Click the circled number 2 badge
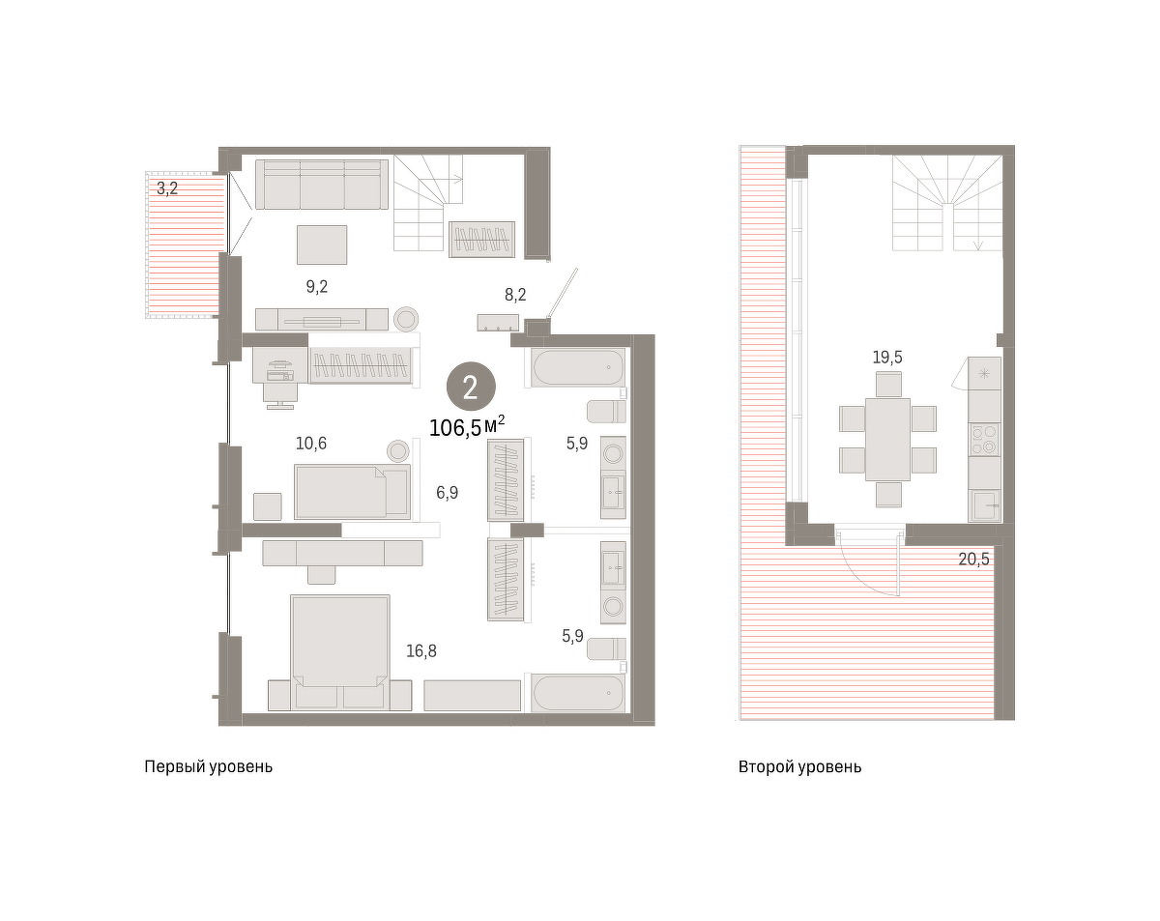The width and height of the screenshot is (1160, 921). coord(471,387)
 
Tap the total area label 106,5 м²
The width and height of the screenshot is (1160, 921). coord(467,426)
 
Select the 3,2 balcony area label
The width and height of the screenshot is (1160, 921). coord(167,188)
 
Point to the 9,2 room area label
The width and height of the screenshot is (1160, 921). coord(317,287)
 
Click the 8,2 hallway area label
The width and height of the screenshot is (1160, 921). coord(515,295)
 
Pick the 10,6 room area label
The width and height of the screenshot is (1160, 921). coord(311,444)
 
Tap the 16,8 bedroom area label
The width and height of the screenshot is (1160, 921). coord(421,651)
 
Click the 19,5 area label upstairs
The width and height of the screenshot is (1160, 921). coord(887,358)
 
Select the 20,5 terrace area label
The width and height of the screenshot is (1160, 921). coord(973,560)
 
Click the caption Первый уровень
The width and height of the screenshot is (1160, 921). coord(208,766)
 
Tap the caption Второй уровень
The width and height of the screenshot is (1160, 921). coord(800,766)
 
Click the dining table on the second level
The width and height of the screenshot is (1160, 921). coord(887,439)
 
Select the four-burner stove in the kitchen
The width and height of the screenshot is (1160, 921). coord(984,439)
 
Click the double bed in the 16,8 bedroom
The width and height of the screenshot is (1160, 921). coord(339,652)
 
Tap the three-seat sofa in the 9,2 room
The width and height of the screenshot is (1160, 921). coord(322,185)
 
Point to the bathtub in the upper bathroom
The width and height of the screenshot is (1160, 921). coord(578,367)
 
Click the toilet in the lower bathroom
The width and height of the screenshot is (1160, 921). coord(606,648)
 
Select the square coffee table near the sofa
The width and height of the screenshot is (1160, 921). coord(322,245)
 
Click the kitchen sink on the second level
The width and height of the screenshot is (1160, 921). coord(984,505)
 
